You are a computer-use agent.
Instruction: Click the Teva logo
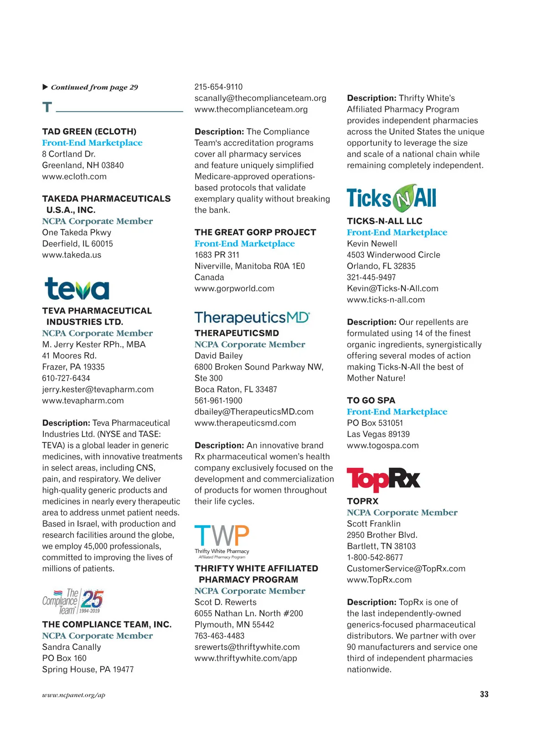pyautogui.click(x=77, y=289)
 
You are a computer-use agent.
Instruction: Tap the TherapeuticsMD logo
pyautogui.click(x=252, y=317)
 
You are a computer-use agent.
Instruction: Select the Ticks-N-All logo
pyautogui.click(x=391, y=198)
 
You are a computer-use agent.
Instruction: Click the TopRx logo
pyautogui.click(x=383, y=479)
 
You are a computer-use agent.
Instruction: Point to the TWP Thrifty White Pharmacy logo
pyautogui.click(x=222, y=541)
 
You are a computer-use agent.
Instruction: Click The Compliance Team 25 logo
pyautogui.click(x=73, y=601)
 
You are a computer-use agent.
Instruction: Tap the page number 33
pyautogui.click(x=484, y=694)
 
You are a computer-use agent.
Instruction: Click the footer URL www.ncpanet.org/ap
pyautogui.click(x=73, y=695)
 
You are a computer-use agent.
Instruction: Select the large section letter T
pyautogui.click(x=47, y=107)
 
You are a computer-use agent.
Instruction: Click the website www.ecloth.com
pyautogui.click(x=74, y=177)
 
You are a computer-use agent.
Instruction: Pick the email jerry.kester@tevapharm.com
pyautogui.click(x=98, y=390)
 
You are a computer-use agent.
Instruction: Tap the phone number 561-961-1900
pyautogui.click(x=218, y=401)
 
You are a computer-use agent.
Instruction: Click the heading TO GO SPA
pyautogui.click(x=371, y=401)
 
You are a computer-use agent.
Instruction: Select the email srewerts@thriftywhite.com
pyautogui.click(x=247, y=647)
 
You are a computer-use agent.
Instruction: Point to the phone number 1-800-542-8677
pyautogui.click(x=375, y=558)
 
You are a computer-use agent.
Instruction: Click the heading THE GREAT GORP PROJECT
pyautogui.click(x=255, y=233)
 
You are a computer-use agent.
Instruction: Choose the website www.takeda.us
pyautogui.click(x=72, y=255)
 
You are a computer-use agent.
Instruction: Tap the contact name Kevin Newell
pyautogui.click(x=372, y=244)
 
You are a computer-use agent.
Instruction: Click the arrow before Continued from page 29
pyautogui.click(x=45, y=87)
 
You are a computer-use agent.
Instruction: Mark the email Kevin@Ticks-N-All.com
pyautogui.click(x=392, y=289)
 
